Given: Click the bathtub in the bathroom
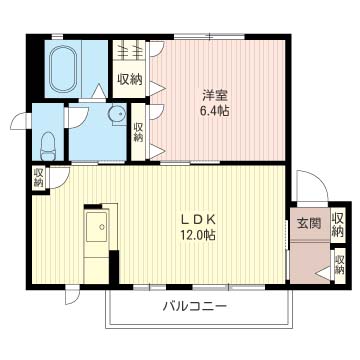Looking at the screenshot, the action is pyautogui.click(x=63, y=69).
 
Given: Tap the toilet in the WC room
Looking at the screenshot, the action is pyautogui.click(x=48, y=146).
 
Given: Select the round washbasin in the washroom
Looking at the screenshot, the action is pyautogui.click(x=116, y=114).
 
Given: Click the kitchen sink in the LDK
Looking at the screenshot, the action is pyautogui.click(x=97, y=227).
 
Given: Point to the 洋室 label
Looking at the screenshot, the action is pyautogui.click(x=215, y=96).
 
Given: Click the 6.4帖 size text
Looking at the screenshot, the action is pyautogui.click(x=215, y=111).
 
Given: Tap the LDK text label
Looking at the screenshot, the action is pyautogui.click(x=199, y=220).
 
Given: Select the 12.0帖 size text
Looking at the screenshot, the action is pyautogui.click(x=198, y=235).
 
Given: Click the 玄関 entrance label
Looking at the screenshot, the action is pyautogui.click(x=309, y=224).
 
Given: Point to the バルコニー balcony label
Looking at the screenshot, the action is pyautogui.click(x=195, y=305).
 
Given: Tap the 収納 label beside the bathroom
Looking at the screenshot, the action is pyautogui.click(x=129, y=79).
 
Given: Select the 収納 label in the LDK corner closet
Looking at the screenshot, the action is pyautogui.click(x=39, y=178).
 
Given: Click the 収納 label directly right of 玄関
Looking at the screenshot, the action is pyautogui.click(x=338, y=225).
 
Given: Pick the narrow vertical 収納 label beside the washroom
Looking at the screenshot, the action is pyautogui.click(x=138, y=132).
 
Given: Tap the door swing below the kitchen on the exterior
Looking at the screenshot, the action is pyautogui.click(x=71, y=296).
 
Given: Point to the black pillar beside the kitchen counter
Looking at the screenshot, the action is pyautogui.click(x=114, y=266).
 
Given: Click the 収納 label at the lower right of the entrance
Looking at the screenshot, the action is pyautogui.click(x=339, y=265).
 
